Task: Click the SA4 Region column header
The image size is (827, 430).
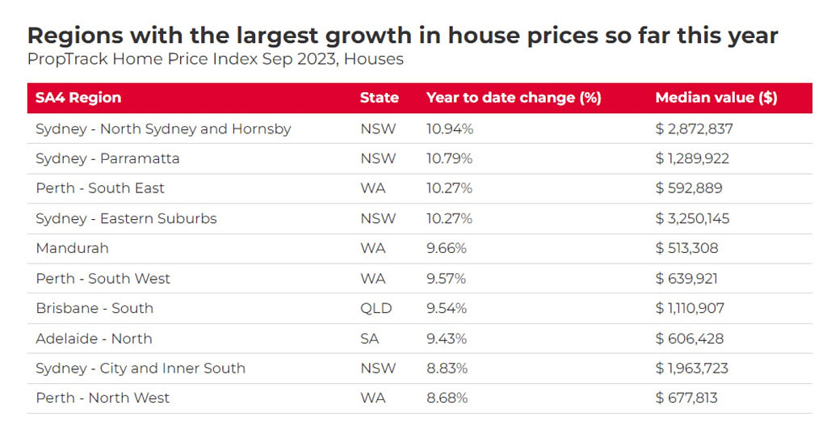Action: click(x=78, y=98)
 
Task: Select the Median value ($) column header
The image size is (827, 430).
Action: click(x=716, y=98)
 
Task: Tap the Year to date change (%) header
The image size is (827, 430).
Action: click(x=514, y=98)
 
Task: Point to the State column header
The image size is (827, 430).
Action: click(x=380, y=98)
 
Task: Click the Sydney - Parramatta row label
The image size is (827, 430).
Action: click(x=107, y=158)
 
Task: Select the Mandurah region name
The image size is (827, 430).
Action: click(x=72, y=248)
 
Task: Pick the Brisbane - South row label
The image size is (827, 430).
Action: click(x=94, y=308)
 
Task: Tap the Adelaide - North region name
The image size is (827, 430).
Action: click(x=94, y=339)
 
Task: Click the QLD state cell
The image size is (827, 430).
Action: click(x=376, y=308)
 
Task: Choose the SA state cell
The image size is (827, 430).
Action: click(x=369, y=339)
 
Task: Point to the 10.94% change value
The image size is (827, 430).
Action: click(x=450, y=129)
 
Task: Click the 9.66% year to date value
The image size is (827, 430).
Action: click(x=447, y=248)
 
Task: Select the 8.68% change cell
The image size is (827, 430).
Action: click(x=447, y=398)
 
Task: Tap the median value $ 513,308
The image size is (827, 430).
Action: click(x=686, y=248)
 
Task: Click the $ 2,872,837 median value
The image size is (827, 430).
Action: click(x=694, y=129)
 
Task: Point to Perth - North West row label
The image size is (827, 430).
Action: click(x=103, y=398)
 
